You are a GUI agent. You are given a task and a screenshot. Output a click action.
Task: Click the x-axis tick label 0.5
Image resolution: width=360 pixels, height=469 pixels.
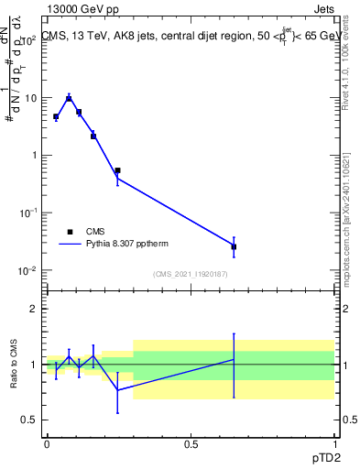point(191,444)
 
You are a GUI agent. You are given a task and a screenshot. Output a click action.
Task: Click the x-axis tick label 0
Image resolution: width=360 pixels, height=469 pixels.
point(47,444)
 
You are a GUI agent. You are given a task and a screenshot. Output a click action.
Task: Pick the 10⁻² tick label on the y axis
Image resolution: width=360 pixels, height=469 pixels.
point(27,269)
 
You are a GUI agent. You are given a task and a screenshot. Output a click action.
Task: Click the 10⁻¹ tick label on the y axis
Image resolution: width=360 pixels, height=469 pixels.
point(27,213)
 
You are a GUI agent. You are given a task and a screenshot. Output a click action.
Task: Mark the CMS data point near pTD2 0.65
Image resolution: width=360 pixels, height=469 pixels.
point(234,246)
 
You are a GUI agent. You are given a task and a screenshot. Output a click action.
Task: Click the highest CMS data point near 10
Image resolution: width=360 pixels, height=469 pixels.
point(69,98)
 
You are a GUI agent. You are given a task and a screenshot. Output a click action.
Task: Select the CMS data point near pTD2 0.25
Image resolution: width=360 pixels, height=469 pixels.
point(117,170)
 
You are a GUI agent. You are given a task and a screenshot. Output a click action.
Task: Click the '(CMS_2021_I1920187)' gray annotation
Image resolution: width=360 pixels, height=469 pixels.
point(191,274)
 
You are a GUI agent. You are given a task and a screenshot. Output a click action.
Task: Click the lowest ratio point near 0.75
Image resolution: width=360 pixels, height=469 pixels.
point(117,390)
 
